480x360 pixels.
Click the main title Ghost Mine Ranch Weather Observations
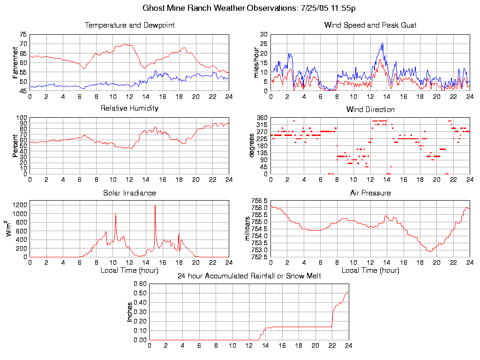pyautogui.click(x=248, y=8)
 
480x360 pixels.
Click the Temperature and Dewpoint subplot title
pyautogui.click(x=129, y=25)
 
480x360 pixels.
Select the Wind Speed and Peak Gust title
pyautogui.click(x=370, y=25)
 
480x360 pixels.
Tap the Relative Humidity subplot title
pyautogui.click(x=129, y=108)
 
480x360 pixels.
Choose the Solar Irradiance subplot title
pyautogui.click(x=129, y=193)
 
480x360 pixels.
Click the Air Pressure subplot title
pyautogui.click(x=370, y=193)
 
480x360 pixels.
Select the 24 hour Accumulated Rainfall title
pyautogui.click(x=249, y=276)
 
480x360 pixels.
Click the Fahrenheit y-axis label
pyautogui.click(x=15, y=62)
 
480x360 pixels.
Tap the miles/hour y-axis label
pyautogui.click(x=256, y=62)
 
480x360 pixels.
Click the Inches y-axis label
pyautogui.click(x=130, y=312)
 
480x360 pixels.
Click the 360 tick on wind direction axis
pyautogui.click(x=261, y=118)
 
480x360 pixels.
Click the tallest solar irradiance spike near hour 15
pyautogui.click(x=155, y=205)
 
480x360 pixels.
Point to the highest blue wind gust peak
pyautogui.click(x=383, y=43)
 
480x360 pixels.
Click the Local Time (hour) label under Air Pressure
pyautogui.click(x=370, y=270)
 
